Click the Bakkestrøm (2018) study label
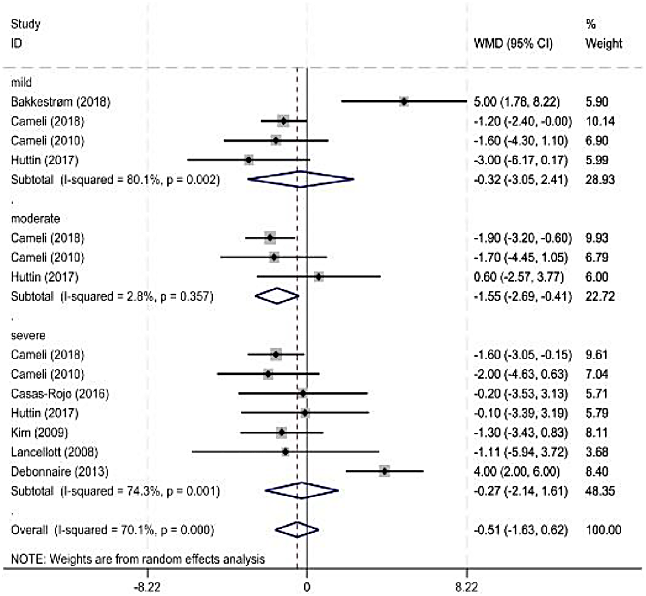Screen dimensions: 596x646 pyautogui.click(x=61, y=102)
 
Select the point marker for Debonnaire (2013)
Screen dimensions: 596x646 pyautogui.click(x=384, y=471)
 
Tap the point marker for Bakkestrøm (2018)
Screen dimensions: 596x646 pyautogui.click(x=404, y=102)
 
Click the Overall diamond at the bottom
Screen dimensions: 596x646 pyautogui.click(x=296, y=530)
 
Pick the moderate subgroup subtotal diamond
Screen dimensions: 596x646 pyautogui.click(x=277, y=296)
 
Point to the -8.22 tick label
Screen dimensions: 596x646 pyautogui.click(x=147, y=587)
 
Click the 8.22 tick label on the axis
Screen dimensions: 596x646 pyautogui.click(x=466, y=587)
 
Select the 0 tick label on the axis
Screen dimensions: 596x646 pyautogui.click(x=307, y=587)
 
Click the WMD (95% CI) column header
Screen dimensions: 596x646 pyautogui.click(x=513, y=44)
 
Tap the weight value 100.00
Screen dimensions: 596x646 pyautogui.click(x=603, y=530)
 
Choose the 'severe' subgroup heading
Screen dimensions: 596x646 pyautogui.click(x=28, y=335)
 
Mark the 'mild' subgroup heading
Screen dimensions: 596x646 pyautogui.click(x=21, y=82)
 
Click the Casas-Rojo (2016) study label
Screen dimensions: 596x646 pyautogui.click(x=60, y=394)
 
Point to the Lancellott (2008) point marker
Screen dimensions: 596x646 pyautogui.click(x=285, y=452)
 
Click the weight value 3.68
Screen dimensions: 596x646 pyautogui.click(x=596, y=452)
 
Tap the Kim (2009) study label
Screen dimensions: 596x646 pyautogui.click(x=39, y=433)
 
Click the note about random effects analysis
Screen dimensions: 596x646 pyautogui.click(x=138, y=559)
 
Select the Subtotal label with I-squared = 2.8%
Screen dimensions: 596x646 pyautogui.click(x=112, y=296)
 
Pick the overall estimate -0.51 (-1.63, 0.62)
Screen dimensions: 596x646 pyautogui.click(x=521, y=530)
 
